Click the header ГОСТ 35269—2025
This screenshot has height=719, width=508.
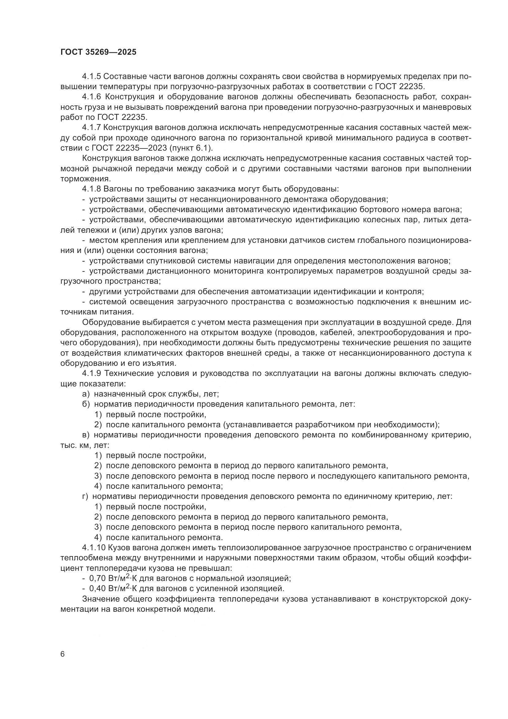tap(99, 52)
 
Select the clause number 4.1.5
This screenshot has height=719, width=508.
tap(91, 77)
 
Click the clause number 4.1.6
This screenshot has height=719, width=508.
tap(91, 97)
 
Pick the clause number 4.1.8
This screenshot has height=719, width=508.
tap(91, 189)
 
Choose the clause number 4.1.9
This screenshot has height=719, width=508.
tap(91, 373)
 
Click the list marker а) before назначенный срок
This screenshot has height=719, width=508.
tap(86, 394)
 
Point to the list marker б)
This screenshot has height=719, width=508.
tap(86, 404)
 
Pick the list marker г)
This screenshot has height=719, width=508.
tap(85, 496)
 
